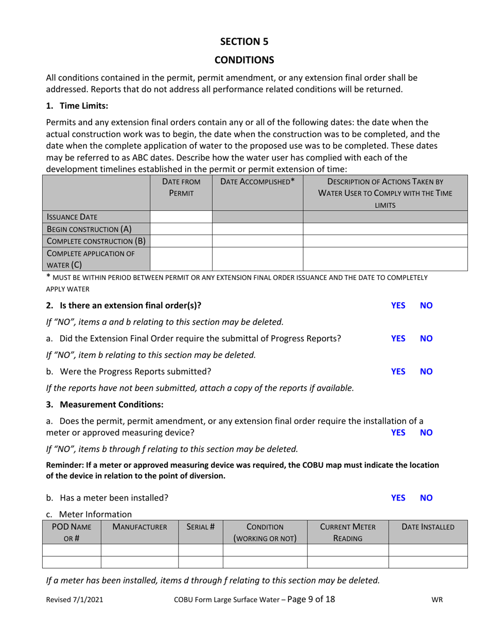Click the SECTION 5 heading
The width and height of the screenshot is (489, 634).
244,41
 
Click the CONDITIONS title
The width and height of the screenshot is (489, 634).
244,60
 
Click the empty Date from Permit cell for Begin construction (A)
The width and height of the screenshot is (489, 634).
181,229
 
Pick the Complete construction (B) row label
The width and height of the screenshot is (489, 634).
96,241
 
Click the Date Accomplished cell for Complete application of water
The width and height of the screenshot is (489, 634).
257,259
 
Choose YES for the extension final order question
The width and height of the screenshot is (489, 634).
398,305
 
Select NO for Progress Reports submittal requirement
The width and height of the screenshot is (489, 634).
426,338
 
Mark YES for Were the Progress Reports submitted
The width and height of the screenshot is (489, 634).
398,371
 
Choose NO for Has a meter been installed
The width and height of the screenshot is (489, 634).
426,498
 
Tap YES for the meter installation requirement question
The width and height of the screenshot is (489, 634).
398,432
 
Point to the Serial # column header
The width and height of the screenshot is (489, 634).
200,527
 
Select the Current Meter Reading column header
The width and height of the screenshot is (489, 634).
347,532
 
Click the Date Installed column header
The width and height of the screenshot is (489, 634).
428,527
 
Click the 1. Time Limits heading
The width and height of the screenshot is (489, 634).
77,106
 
